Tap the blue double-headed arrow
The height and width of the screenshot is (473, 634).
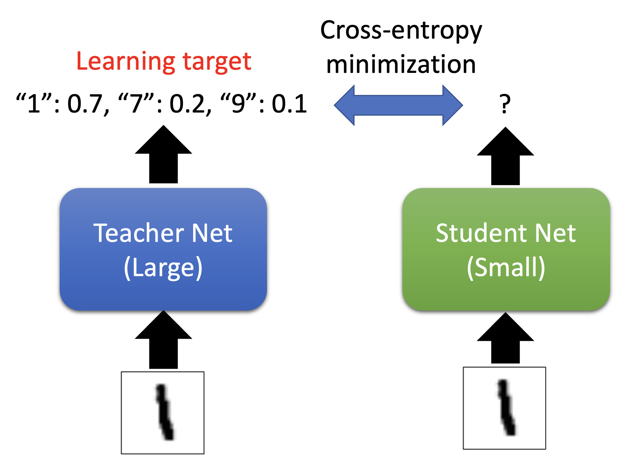398,105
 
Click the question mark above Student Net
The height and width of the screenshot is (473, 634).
505,104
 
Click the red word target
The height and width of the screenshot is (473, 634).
217,61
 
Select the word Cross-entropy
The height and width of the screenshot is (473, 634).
401,31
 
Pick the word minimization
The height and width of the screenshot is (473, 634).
401,65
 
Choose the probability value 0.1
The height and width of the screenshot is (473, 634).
289,104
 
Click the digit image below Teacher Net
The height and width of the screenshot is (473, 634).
163,413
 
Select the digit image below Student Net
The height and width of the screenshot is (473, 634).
504,408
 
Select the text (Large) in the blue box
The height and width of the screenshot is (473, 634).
163,267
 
